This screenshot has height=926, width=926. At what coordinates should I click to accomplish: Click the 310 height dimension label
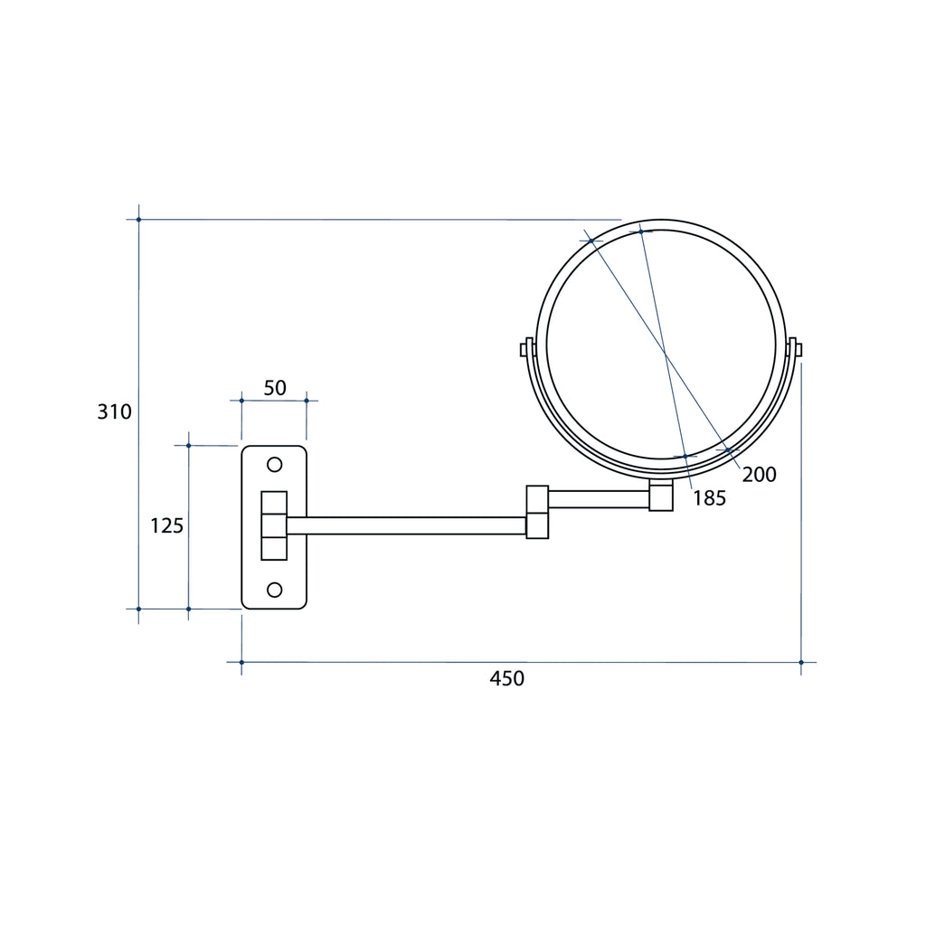(114, 411)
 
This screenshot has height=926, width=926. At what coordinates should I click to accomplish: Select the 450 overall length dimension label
(506, 678)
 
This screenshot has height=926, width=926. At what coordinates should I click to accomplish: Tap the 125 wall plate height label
(166, 525)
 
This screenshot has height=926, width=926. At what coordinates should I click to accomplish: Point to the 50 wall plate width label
(275, 388)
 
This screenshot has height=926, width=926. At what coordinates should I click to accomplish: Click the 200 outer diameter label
(759, 475)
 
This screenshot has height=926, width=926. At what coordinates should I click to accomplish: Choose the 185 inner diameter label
(709, 498)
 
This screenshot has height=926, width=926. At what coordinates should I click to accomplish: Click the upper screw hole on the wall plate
(275, 465)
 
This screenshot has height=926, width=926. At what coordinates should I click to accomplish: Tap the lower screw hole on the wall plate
(275, 590)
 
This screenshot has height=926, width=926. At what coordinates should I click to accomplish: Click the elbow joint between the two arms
(537, 512)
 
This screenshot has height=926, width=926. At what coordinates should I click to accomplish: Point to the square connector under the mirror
(661, 495)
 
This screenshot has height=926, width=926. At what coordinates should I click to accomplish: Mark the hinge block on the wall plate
(274, 525)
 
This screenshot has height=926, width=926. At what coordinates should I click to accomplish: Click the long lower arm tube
(406, 525)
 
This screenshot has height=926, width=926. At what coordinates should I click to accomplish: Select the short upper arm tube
(599, 499)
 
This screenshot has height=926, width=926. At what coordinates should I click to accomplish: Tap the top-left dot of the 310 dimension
(138, 220)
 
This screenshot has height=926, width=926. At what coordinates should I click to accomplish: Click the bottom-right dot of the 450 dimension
(801, 663)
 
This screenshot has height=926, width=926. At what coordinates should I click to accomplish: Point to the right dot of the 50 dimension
(307, 401)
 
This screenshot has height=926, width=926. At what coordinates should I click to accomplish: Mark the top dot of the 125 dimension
(188, 445)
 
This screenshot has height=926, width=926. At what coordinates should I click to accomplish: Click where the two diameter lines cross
(665, 354)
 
